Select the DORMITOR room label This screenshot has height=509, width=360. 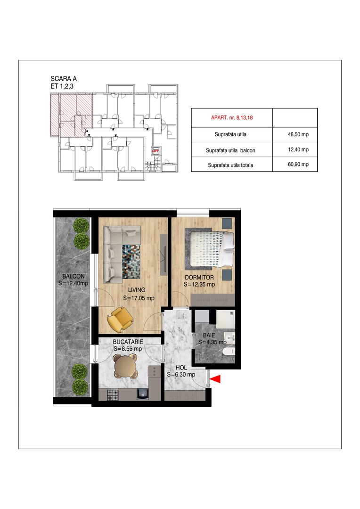[x=199, y=278]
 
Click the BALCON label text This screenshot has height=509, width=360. [x=73, y=276]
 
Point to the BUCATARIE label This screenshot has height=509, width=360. [x=128, y=342]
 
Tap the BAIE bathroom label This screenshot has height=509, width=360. [x=209, y=335]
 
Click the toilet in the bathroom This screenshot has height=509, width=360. [x=228, y=352]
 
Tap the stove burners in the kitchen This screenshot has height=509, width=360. [x=113, y=395]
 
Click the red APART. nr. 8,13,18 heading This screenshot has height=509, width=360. [x=232, y=117]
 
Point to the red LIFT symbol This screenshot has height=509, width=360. [x=155, y=151]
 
